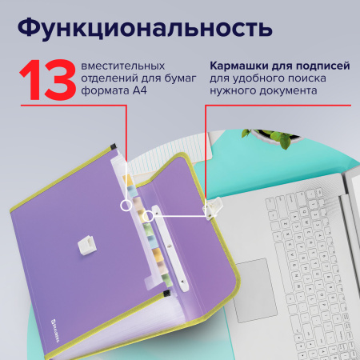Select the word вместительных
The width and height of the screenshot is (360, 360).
coord(124,65)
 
